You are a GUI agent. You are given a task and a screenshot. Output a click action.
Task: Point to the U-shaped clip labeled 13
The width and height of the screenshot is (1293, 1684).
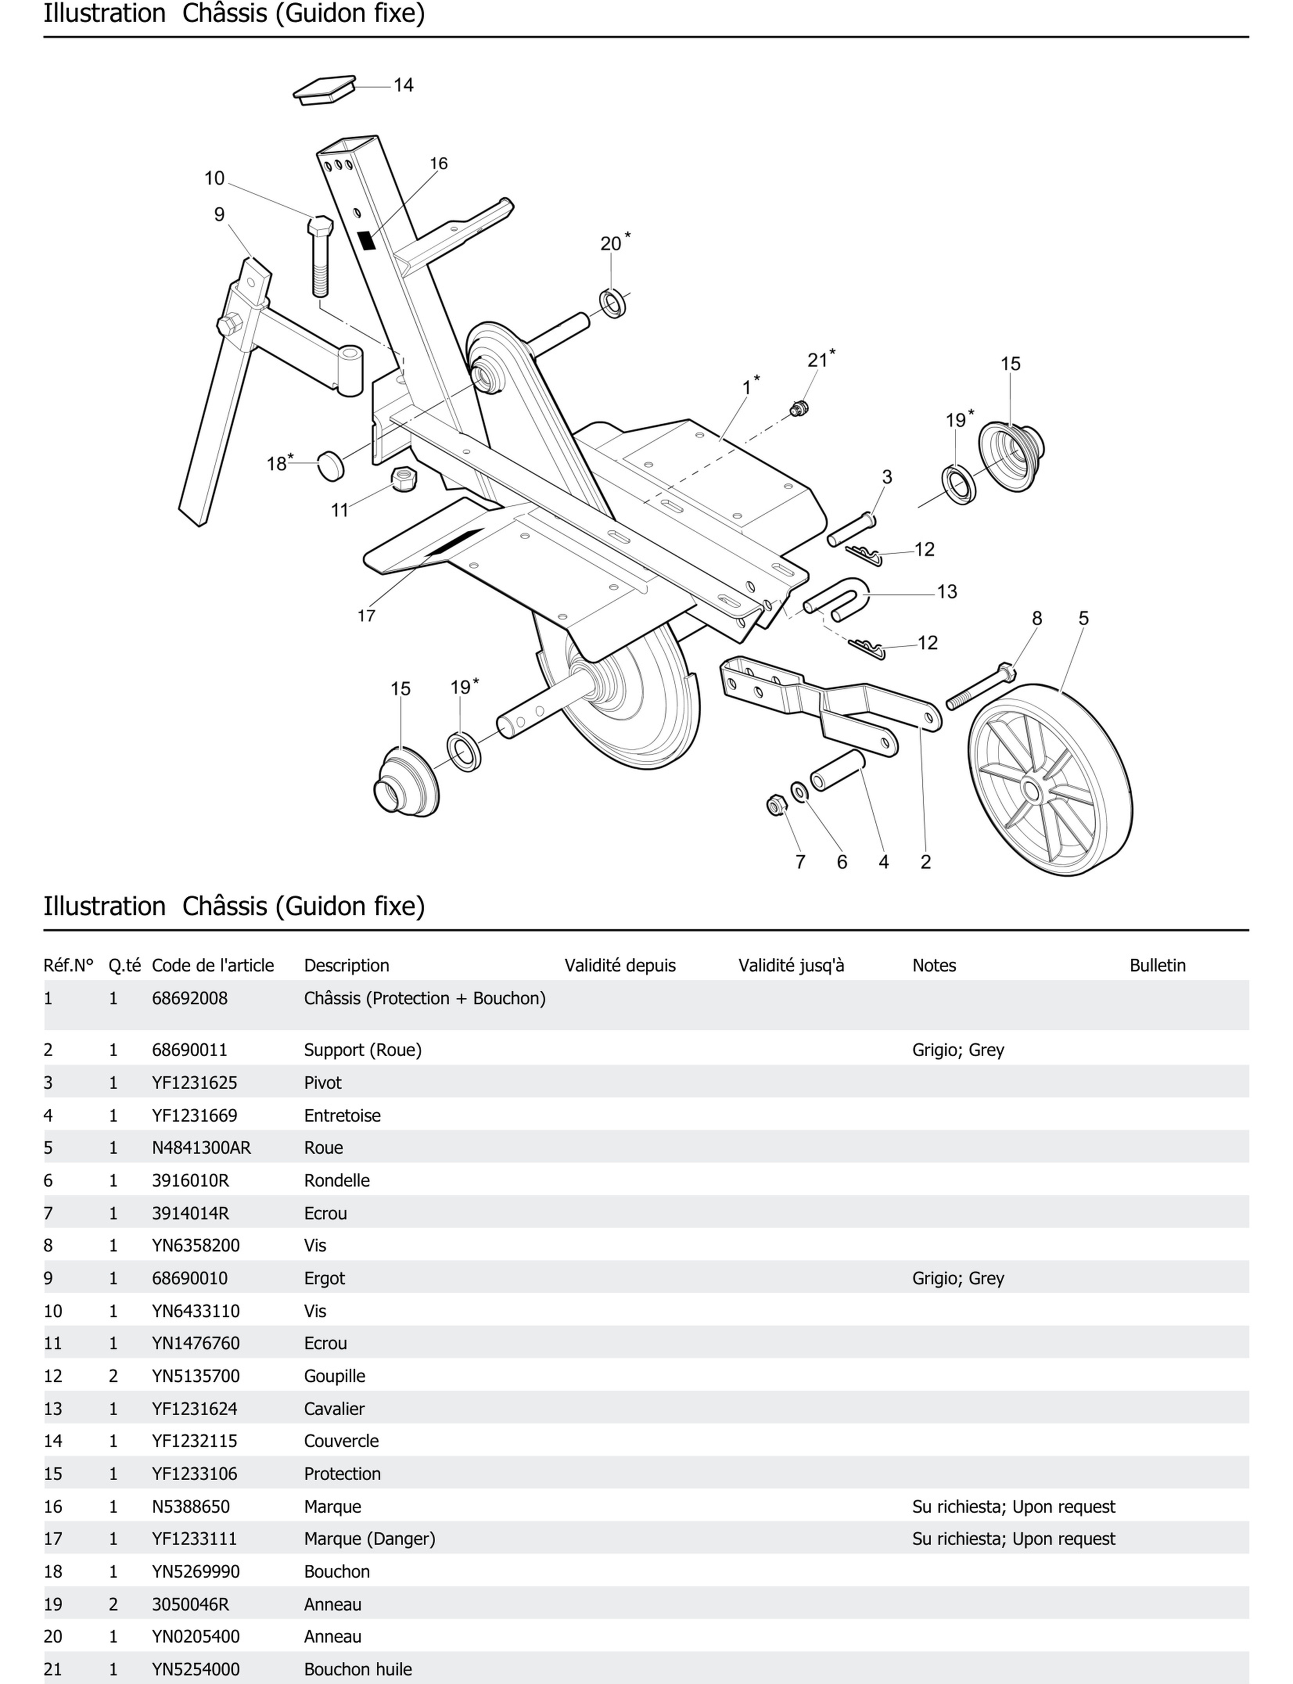[x=839, y=599]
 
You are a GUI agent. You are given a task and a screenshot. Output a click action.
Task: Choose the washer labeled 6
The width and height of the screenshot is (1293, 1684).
[x=800, y=791]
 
